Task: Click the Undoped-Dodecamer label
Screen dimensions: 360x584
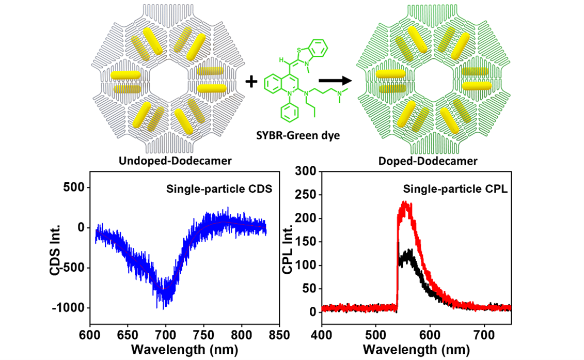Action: (x=175, y=161)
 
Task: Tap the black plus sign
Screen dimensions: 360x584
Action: (x=251, y=81)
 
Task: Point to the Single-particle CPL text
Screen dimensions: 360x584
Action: (x=468, y=189)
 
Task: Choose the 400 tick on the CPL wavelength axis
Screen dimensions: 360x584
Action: (x=322, y=336)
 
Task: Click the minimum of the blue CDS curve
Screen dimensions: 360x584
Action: (x=164, y=305)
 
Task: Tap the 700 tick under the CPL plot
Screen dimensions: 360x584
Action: (x=485, y=336)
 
